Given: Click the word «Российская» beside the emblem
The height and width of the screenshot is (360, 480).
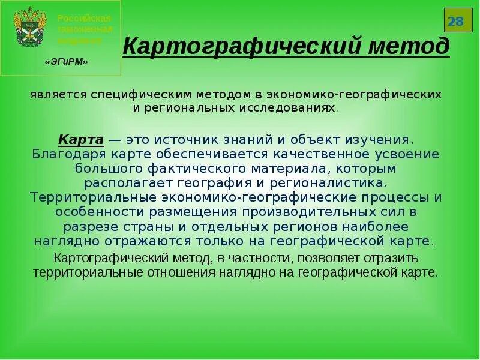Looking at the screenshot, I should click(x=85, y=18).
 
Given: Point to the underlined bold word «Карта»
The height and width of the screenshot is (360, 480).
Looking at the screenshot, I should click(x=82, y=140).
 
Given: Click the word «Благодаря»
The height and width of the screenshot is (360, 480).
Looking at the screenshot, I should click(x=61, y=154).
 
